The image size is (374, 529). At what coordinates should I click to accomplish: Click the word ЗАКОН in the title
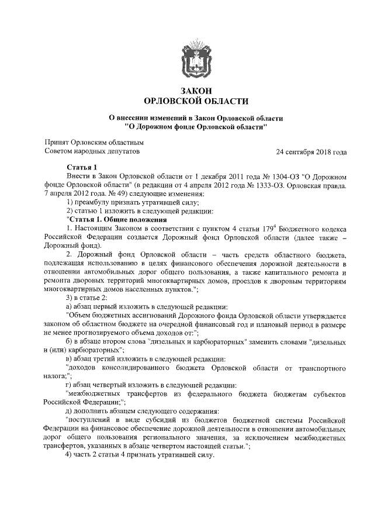(187, 90)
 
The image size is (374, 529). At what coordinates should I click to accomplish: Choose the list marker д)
(70, 411)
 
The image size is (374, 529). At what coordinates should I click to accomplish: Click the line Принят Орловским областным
(94, 142)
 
